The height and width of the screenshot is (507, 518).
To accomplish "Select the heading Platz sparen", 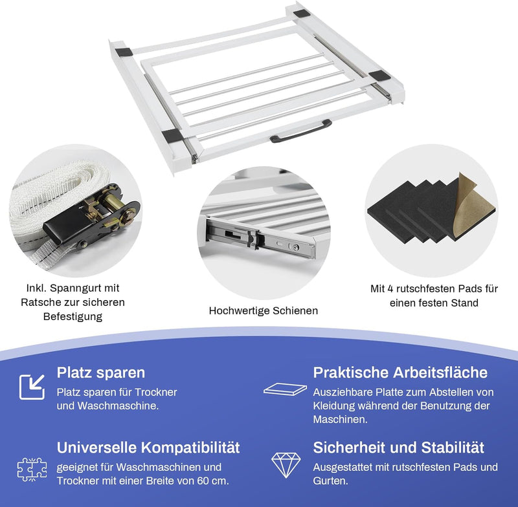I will click(x=100, y=372).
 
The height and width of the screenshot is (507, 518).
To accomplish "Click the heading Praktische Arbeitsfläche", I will click(x=400, y=372).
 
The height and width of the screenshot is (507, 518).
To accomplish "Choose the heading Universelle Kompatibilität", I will click(x=148, y=448).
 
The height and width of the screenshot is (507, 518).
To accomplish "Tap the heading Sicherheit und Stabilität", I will click(x=398, y=448).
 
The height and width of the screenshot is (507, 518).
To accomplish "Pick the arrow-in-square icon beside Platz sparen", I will click(x=31, y=386).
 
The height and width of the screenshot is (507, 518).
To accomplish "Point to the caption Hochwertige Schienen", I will click(x=263, y=310).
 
